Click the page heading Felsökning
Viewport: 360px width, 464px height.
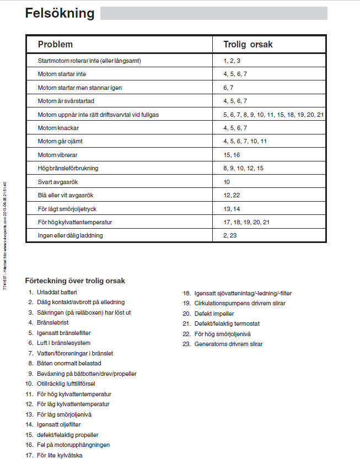coord(60,14)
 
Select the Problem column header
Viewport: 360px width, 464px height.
coord(55,44)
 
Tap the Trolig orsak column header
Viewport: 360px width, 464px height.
coord(248,44)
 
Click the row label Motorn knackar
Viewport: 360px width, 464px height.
coord(59,127)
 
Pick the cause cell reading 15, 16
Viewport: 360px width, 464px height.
coord(232,155)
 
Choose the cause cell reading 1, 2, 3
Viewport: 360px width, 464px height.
coord(232,60)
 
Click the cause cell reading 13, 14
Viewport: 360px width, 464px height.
coord(232,208)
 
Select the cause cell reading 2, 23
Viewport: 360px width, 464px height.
coord(230,235)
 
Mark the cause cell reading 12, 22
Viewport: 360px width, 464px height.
coord(232,195)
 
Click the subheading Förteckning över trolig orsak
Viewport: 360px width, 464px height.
coord(75,280)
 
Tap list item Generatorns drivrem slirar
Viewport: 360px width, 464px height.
coord(228,344)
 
